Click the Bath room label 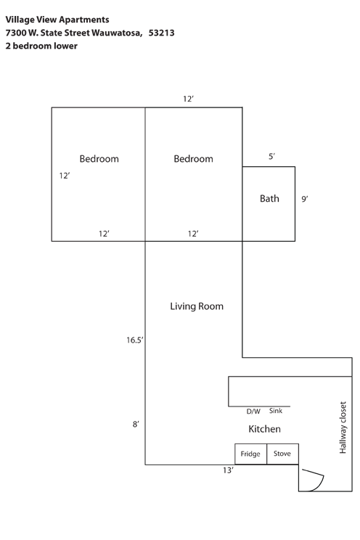click(x=269, y=198)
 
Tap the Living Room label click(x=197, y=306)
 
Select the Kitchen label click(x=265, y=429)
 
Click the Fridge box click(x=251, y=454)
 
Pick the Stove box click(x=282, y=454)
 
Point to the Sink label click(x=276, y=411)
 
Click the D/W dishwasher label click(x=253, y=412)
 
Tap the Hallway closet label click(x=343, y=427)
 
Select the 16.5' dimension click(x=135, y=340)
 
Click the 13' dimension click(x=228, y=470)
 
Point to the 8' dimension click(x=136, y=424)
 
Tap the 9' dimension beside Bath click(x=305, y=199)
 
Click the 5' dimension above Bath click(x=271, y=156)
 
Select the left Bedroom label click(x=99, y=159)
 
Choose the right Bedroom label click(x=193, y=159)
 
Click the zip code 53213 click(x=162, y=33)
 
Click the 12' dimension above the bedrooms click(x=188, y=99)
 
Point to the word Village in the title click(x=20, y=20)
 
